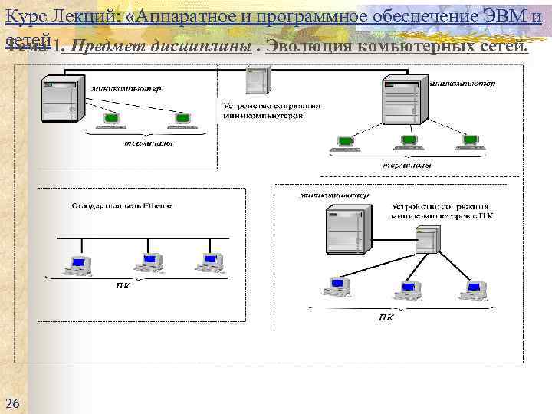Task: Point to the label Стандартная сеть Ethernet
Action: tap(123, 205)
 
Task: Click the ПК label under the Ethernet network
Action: tap(123, 286)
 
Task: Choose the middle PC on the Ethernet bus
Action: tap(149, 262)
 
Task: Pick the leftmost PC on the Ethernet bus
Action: tap(77, 263)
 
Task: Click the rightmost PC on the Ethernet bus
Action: tap(212, 262)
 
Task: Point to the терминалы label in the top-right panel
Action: tap(406, 165)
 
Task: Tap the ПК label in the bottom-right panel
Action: tap(386, 317)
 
